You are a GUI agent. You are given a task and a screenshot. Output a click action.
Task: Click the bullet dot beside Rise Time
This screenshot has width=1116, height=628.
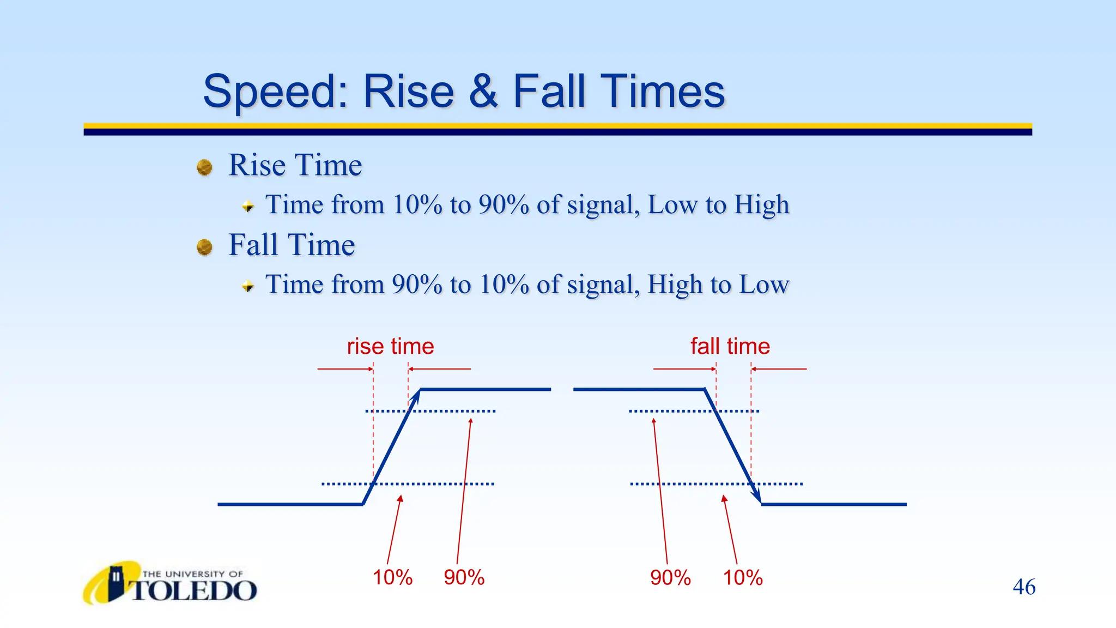click(204, 167)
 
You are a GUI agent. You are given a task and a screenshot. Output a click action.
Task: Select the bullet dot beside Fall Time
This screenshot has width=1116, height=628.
click(204, 247)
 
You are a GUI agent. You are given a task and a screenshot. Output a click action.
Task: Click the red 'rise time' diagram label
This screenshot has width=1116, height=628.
click(390, 347)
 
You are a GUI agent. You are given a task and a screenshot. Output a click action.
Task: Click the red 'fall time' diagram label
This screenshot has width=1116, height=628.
click(730, 347)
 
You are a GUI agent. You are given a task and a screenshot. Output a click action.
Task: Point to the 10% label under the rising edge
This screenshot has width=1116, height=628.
click(392, 577)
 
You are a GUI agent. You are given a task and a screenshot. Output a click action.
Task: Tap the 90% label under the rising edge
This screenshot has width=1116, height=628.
click(464, 577)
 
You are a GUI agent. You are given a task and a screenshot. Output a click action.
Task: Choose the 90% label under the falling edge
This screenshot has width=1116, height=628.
click(670, 577)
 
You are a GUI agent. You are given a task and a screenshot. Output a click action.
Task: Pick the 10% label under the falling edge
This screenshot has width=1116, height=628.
click(743, 577)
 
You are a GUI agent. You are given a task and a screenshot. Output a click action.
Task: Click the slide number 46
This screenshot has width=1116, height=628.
click(1024, 587)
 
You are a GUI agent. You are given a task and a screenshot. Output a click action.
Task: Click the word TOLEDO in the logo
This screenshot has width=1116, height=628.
click(194, 591)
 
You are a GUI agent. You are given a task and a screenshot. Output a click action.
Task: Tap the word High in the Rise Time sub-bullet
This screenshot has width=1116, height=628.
click(761, 205)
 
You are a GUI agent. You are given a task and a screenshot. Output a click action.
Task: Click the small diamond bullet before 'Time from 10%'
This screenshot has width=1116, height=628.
click(248, 207)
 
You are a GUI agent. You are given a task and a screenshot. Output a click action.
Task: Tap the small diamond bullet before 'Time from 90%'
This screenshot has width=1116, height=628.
click(248, 286)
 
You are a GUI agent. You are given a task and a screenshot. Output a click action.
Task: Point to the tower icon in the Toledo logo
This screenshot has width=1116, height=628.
click(116, 582)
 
